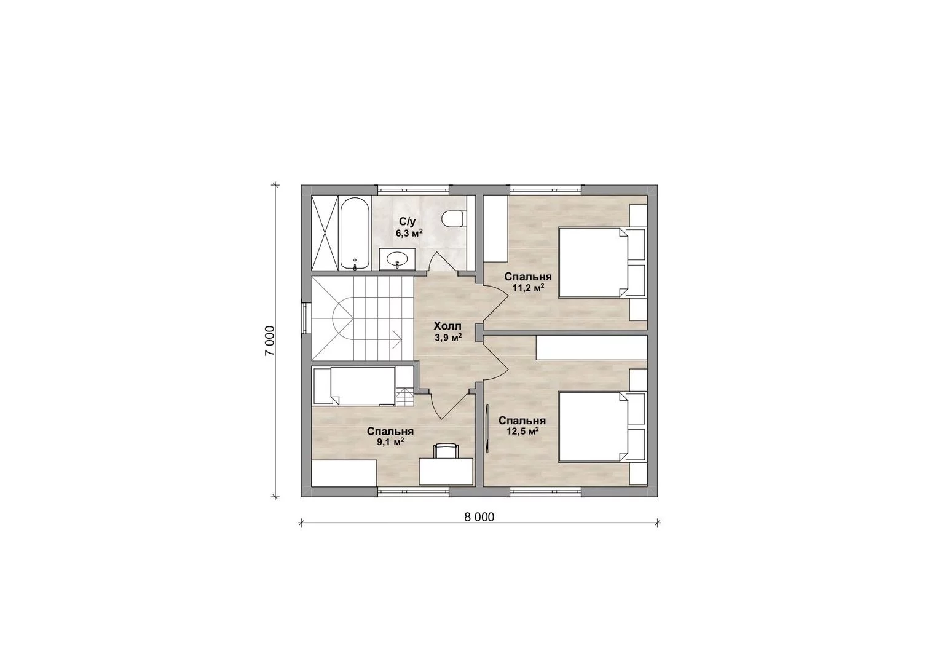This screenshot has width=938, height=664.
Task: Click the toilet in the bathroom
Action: (453, 219)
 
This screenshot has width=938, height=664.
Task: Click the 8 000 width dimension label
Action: (479, 517)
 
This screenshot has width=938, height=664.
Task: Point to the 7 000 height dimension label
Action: (270, 341)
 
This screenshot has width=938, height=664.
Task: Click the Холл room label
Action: (447, 326)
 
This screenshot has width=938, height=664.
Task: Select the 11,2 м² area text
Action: (528, 288)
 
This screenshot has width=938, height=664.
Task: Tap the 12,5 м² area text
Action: (522, 431)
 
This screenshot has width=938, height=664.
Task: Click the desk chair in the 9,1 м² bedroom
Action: (447, 451)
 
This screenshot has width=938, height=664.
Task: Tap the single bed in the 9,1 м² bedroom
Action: (354, 386)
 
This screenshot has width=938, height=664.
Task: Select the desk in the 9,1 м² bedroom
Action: (446, 472)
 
